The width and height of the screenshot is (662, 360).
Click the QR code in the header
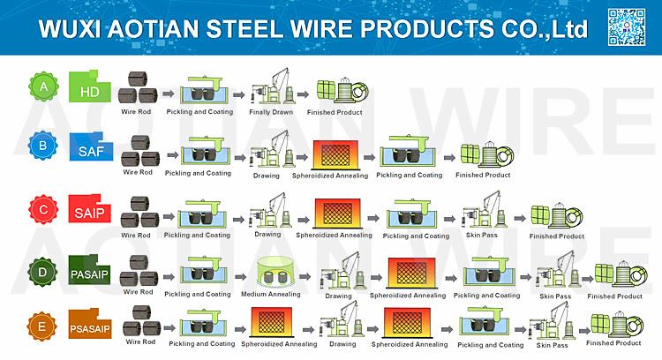(x=627, y=27)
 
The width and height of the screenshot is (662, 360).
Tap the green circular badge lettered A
(x=43, y=86)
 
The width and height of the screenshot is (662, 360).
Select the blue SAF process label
(x=91, y=146)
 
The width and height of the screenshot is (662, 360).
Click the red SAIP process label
(x=89, y=208)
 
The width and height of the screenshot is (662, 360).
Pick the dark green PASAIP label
(x=89, y=270)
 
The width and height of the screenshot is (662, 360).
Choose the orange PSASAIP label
(x=90, y=324)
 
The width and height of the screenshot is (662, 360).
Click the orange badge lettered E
(x=41, y=326)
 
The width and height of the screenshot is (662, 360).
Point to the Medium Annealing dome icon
(x=271, y=272)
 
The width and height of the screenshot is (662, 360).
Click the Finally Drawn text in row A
(x=271, y=112)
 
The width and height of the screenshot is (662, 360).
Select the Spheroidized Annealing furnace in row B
(x=335, y=154)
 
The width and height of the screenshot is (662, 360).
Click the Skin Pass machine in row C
(x=485, y=210)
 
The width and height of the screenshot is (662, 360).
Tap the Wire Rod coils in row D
(x=139, y=272)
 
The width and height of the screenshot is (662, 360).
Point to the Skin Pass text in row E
(x=552, y=345)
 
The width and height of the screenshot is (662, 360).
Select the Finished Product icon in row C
(x=556, y=216)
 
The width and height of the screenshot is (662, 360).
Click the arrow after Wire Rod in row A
(x=168, y=94)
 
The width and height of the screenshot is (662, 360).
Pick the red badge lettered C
(x=43, y=209)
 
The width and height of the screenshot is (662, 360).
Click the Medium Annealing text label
(x=271, y=294)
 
